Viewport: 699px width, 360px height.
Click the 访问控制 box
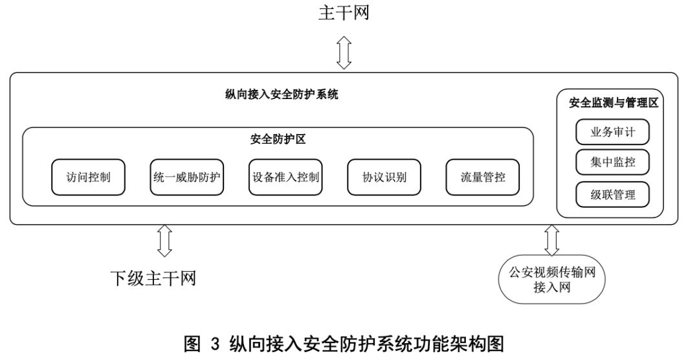click(x=88, y=177)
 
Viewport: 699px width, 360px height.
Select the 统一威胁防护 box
click(x=187, y=177)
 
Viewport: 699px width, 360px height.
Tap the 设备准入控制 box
click(x=285, y=177)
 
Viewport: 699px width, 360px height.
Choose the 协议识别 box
click(x=384, y=177)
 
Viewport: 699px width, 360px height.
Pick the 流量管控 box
click(x=483, y=177)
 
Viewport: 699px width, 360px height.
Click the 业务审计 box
click(x=612, y=131)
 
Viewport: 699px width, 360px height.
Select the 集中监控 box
click(x=612, y=163)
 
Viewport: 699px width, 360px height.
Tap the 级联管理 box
click(x=612, y=194)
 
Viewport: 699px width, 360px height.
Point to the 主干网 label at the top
click(x=344, y=12)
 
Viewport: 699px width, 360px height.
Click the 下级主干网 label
click(x=153, y=278)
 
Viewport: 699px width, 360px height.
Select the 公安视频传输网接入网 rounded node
click(x=552, y=279)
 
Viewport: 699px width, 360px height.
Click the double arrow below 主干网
click(x=344, y=53)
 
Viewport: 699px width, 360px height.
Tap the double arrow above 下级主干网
click(x=164, y=241)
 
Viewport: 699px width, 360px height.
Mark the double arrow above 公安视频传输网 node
click(x=552, y=240)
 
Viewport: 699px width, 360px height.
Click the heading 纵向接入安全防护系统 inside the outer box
click(x=282, y=95)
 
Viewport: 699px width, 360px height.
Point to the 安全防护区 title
click(x=278, y=140)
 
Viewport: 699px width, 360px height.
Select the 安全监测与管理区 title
click(x=614, y=103)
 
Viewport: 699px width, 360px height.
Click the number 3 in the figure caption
click(x=215, y=344)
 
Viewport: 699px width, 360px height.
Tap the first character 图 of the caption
click(x=192, y=344)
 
